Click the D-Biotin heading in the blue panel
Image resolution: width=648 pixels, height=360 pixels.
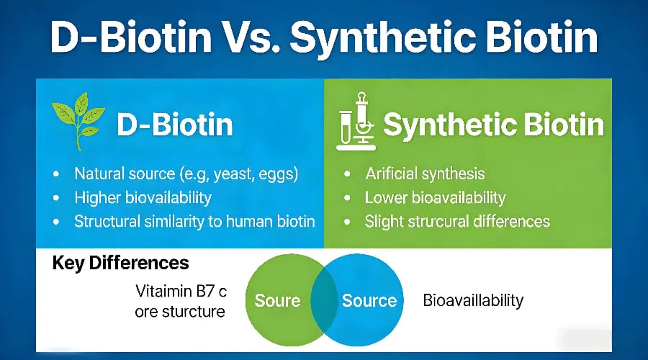click(x=174, y=125)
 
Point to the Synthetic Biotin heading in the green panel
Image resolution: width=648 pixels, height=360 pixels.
click(x=492, y=125)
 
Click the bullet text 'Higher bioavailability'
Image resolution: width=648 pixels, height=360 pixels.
click(x=143, y=197)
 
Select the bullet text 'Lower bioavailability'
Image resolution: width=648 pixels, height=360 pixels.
click(x=435, y=197)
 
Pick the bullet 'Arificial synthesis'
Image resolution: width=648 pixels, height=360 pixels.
click(x=425, y=174)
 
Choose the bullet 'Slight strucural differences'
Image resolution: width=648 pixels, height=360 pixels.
click(x=457, y=221)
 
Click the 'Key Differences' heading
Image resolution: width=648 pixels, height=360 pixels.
click(x=121, y=262)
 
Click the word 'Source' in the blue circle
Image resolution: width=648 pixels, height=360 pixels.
click(x=369, y=300)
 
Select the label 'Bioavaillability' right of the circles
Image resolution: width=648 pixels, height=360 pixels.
click(x=473, y=300)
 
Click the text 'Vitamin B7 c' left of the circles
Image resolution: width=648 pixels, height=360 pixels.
click(x=181, y=292)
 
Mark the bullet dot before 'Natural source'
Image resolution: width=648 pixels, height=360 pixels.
click(x=57, y=174)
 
